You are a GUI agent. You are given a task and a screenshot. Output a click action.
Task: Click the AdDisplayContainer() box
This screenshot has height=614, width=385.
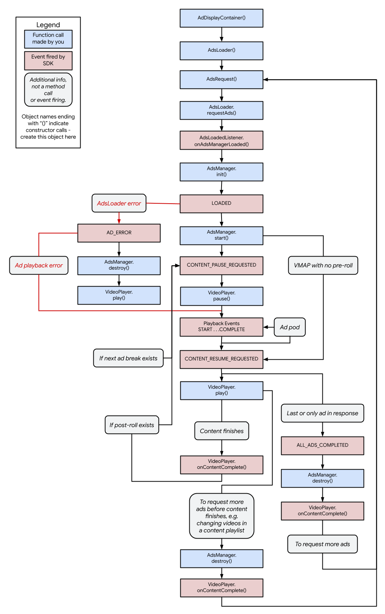click(221, 18)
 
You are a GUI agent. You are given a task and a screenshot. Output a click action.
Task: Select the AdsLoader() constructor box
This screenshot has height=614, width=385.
click(221, 50)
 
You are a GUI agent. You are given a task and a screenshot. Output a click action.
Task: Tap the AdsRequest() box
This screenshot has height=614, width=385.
click(221, 80)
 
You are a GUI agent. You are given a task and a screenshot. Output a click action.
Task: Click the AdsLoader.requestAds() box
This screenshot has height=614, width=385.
click(221, 110)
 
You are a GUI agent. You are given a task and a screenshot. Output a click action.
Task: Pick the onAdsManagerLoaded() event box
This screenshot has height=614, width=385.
click(221, 141)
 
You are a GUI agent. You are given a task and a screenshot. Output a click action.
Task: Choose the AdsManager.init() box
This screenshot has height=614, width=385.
click(221, 172)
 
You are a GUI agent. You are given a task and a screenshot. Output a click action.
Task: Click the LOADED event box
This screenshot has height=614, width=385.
click(221, 203)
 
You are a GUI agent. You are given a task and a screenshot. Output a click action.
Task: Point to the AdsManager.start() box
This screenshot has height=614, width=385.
click(221, 235)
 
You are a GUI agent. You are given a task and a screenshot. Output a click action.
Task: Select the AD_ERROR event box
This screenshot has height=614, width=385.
click(119, 233)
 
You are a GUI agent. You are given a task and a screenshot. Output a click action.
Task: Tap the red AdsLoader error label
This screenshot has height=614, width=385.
click(119, 203)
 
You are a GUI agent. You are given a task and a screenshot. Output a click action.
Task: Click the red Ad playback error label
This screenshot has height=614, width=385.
click(39, 266)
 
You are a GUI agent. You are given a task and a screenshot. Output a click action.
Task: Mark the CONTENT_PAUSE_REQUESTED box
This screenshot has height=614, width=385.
click(221, 265)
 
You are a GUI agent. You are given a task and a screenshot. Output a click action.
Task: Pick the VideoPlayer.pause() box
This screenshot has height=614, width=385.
click(221, 296)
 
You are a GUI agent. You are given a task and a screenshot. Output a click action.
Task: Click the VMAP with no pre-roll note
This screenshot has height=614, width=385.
click(323, 266)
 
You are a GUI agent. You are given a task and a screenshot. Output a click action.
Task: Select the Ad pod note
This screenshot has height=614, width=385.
click(289, 327)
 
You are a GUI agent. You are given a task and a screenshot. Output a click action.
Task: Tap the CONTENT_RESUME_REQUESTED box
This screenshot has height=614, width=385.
click(221, 359)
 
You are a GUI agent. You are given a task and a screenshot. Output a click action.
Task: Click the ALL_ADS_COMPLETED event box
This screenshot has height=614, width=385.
click(322, 445)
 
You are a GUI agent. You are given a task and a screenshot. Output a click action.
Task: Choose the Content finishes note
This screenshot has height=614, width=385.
click(222, 431)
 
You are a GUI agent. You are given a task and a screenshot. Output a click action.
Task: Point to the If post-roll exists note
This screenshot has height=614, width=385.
click(132, 425)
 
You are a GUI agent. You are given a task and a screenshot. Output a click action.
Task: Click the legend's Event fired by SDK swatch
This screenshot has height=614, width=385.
click(48, 60)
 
